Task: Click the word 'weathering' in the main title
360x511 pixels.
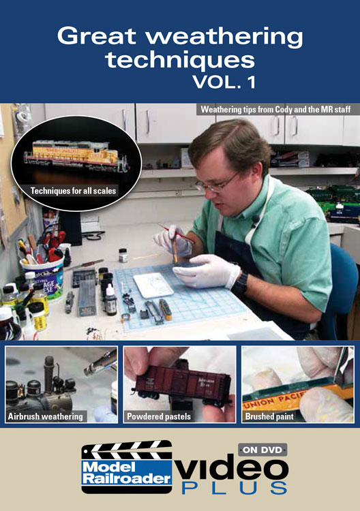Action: click(x=225, y=37)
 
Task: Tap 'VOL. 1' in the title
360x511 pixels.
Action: click(x=224, y=82)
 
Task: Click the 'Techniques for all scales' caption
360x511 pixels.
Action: click(x=74, y=191)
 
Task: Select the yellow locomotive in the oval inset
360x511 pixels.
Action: click(x=75, y=154)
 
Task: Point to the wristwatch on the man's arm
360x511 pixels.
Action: click(x=240, y=283)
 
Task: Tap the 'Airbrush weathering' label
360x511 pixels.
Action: click(x=45, y=416)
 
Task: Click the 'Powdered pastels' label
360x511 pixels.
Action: click(x=159, y=416)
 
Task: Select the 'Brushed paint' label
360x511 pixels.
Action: click(x=269, y=416)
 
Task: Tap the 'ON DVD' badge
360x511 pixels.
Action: click(x=262, y=450)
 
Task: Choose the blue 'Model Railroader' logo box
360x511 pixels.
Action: click(x=127, y=472)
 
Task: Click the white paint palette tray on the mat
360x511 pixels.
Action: click(x=153, y=285)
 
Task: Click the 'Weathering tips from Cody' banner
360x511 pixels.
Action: click(x=276, y=110)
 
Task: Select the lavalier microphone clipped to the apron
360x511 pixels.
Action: click(x=256, y=219)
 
